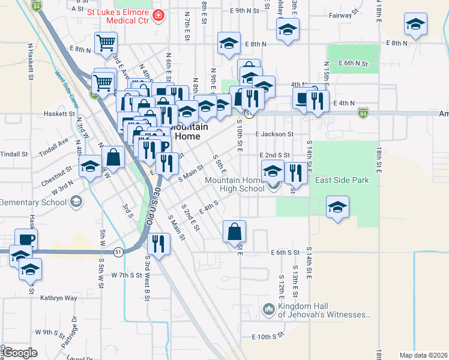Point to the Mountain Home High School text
(234, 184)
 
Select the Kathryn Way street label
(59, 298)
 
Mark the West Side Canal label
(67, 87)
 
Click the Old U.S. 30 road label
(153, 206)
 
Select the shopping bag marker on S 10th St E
(234, 231)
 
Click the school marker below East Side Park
(337, 207)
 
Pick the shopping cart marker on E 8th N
(106, 42)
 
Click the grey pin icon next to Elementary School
(76, 202)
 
